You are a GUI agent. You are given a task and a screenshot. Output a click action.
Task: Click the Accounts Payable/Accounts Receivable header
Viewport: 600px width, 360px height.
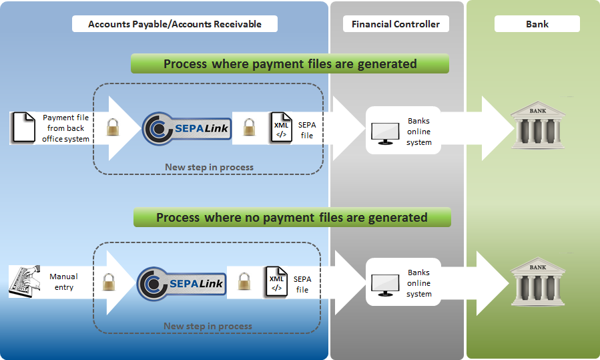[x=175, y=24]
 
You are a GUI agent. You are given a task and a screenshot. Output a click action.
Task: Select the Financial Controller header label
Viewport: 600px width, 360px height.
[x=396, y=24]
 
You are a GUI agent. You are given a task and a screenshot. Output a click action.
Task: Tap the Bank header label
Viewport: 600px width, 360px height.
[x=537, y=24]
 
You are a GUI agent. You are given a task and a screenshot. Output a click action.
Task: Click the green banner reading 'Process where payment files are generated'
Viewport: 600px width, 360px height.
[x=290, y=64]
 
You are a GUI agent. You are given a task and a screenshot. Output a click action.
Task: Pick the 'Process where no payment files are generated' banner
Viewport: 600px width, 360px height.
[x=292, y=218]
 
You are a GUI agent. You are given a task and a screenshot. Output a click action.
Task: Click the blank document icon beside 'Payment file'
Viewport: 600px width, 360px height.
[x=23, y=128]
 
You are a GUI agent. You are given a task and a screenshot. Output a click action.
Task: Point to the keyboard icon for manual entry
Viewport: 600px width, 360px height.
[x=25, y=281]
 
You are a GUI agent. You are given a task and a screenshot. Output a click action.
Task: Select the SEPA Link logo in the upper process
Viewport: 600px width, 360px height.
[x=187, y=128]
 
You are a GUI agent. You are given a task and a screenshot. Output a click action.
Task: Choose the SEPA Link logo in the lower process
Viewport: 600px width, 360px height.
[x=182, y=284]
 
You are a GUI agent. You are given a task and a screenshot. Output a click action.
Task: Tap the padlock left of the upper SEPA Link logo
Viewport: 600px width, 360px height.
[x=113, y=127]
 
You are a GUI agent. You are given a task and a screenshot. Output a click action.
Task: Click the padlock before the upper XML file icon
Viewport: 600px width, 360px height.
[x=249, y=127]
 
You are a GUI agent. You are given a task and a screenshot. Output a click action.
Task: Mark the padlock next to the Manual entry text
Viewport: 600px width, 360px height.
[x=109, y=282]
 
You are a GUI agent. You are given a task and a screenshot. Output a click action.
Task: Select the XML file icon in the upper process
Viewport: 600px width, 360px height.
[x=281, y=128]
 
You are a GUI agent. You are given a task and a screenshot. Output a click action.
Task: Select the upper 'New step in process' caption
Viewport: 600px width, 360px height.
[x=209, y=167]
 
